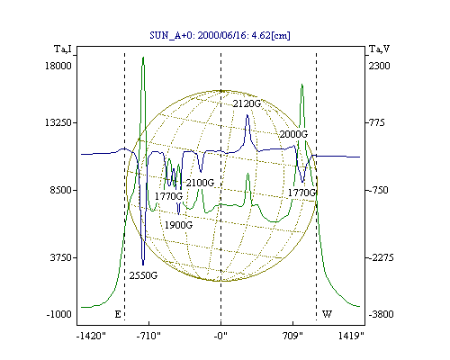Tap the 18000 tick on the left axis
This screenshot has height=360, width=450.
click(x=58, y=66)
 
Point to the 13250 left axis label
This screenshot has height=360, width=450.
click(x=58, y=122)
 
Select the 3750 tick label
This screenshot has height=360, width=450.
click(x=60, y=257)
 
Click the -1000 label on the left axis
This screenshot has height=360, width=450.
click(x=58, y=314)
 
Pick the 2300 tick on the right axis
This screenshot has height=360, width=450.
click(x=379, y=66)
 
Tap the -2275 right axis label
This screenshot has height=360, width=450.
click(x=381, y=257)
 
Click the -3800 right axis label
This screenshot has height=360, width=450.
click(x=381, y=314)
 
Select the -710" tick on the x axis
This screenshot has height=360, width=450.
click(x=148, y=336)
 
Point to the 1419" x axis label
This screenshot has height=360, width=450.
click(x=351, y=336)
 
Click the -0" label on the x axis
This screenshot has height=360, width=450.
click(x=220, y=336)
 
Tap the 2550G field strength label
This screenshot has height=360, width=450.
click(x=143, y=275)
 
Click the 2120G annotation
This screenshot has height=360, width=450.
click(x=247, y=103)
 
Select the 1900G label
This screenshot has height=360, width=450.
click(x=178, y=225)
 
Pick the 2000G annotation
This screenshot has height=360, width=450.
click(x=293, y=134)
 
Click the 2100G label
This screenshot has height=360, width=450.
click(x=200, y=183)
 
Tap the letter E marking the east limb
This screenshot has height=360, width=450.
click(x=118, y=314)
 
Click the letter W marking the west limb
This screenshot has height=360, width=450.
click(x=327, y=314)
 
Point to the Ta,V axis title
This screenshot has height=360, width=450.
click(x=379, y=49)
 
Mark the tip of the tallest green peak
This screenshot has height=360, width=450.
click(x=143, y=57)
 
